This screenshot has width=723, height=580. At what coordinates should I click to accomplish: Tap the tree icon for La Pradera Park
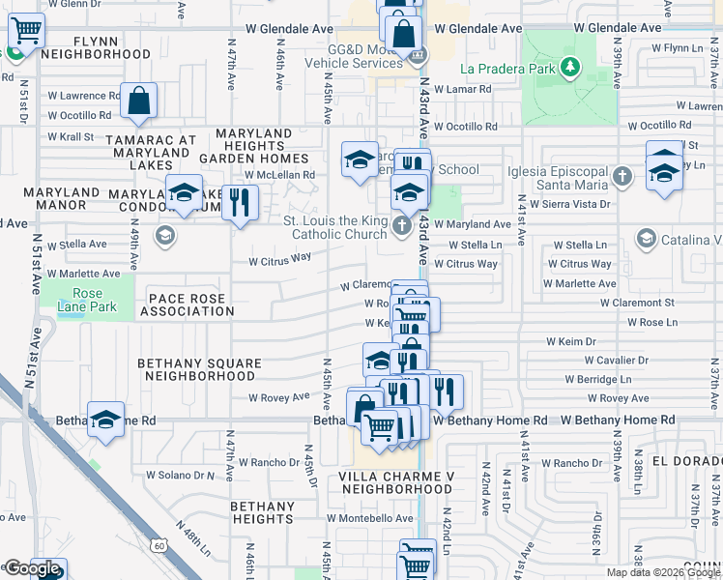pos(571,67)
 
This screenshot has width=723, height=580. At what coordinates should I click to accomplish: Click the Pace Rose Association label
pos(187,304)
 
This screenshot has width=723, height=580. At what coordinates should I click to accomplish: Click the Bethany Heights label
pos(262,512)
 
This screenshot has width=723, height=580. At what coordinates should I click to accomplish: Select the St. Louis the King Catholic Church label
pos(334,226)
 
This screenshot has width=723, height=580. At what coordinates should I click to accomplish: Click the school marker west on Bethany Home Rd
pos(106,420)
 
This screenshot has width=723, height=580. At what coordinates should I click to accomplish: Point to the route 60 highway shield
pos(159,546)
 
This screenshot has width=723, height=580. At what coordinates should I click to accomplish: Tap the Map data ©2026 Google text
pos(663,572)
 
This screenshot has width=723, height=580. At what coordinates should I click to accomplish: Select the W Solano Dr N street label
pos(180,475)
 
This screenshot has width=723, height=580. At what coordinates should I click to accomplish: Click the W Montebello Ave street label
pos(370,518)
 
